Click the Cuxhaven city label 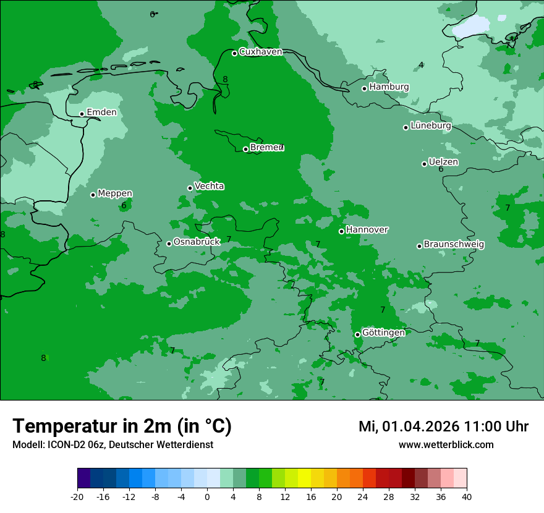click(x=260, y=52)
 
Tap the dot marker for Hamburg click(x=365, y=88)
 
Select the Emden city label click(x=101, y=112)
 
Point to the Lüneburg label click(x=431, y=126)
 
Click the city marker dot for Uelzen click(x=424, y=164)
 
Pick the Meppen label click(x=115, y=193)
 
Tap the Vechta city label click(x=210, y=186)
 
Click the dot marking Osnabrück click(x=169, y=244)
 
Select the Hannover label click(x=367, y=230)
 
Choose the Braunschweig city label click(x=454, y=244)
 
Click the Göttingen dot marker click(x=357, y=334)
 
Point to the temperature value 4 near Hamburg click(x=421, y=65)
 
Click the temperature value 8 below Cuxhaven click(x=225, y=79)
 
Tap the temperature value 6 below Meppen click(x=124, y=205)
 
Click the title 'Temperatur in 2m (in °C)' click(x=122, y=426)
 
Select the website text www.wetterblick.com click(x=446, y=445)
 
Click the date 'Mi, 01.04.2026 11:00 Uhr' click(x=443, y=426)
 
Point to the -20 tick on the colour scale click(x=77, y=497)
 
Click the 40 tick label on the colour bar click(x=467, y=497)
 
